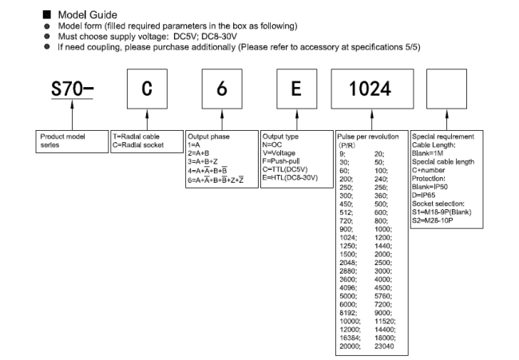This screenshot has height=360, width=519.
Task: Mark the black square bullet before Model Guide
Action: click(x=46, y=14)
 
